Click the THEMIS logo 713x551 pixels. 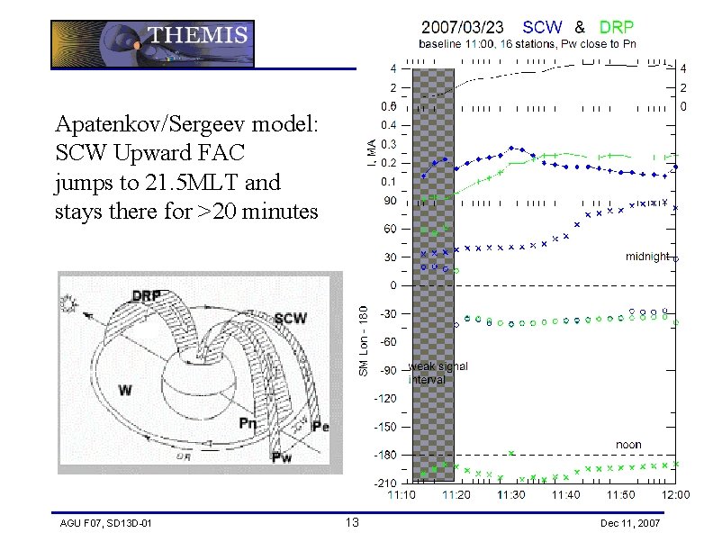click(152, 44)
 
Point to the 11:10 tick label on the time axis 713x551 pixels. click(402, 494)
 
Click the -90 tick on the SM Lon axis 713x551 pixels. click(387, 370)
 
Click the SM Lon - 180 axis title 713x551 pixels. click(364, 341)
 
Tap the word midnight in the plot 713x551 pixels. click(646, 257)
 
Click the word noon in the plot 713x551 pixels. click(628, 445)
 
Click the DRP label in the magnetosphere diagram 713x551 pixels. click(147, 295)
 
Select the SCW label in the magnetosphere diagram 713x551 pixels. click(290, 318)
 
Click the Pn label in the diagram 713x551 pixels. click(247, 422)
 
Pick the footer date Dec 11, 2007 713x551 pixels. click(629, 523)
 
